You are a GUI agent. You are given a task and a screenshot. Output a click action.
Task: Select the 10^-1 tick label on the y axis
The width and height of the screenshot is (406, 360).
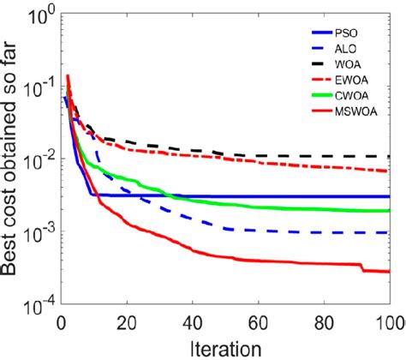[x=34, y=86]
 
